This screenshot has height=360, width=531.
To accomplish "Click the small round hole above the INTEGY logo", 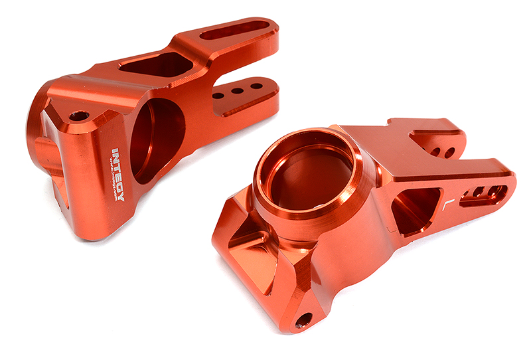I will click(x=79, y=116).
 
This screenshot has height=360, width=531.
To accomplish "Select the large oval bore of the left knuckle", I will click(x=157, y=139).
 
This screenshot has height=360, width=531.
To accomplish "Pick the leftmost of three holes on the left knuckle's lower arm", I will click(x=218, y=96).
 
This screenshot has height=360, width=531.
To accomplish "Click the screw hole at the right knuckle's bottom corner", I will click(x=303, y=319).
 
